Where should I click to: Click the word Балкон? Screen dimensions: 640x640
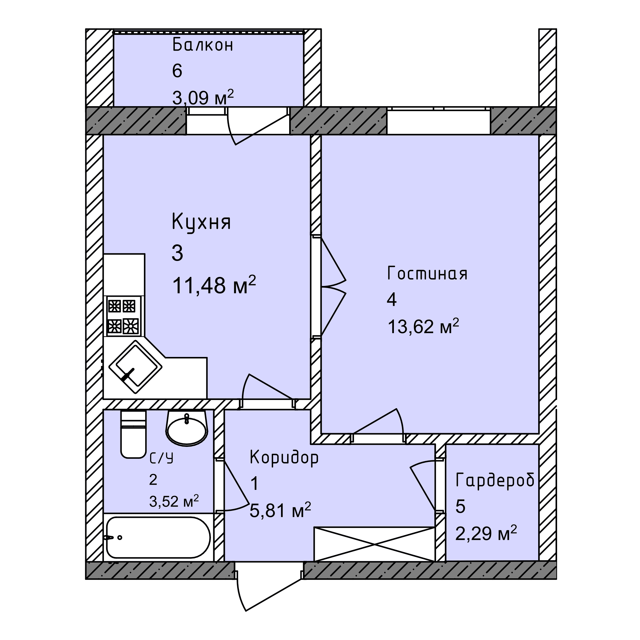(x=203, y=45)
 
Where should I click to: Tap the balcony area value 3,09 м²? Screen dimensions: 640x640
(x=203, y=97)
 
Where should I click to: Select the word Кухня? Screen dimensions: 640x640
(x=201, y=223)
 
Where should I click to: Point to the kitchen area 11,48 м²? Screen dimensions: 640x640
(x=214, y=285)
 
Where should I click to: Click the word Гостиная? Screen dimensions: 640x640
(x=427, y=274)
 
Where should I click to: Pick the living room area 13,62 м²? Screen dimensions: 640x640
(x=423, y=326)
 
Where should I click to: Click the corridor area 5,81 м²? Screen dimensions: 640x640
(x=280, y=511)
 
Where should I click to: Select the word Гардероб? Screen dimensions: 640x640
(x=495, y=480)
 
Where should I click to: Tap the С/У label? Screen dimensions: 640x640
(x=161, y=458)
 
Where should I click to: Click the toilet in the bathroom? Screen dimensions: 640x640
(x=133, y=434)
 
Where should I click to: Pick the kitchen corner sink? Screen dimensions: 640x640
(x=136, y=367)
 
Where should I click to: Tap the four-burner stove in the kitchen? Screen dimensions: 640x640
(x=122, y=316)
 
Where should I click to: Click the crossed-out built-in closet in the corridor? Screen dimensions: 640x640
(x=374, y=544)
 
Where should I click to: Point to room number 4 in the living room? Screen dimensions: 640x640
(x=392, y=300)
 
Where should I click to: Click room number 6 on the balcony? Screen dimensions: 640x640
(x=177, y=71)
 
